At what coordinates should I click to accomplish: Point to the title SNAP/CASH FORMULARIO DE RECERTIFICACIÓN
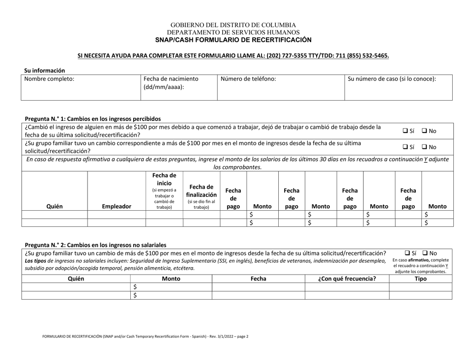(233, 39)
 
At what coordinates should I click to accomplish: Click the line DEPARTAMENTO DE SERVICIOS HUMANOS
(233, 31)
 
